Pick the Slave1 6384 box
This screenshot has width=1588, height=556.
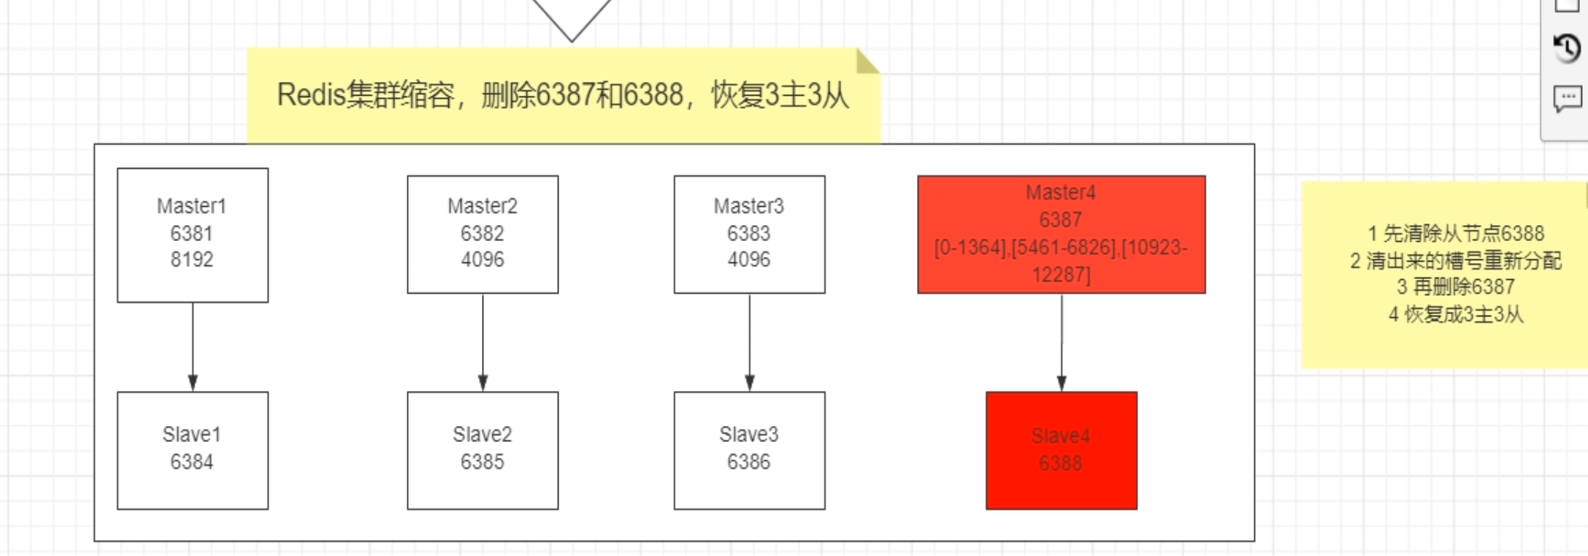point(192,449)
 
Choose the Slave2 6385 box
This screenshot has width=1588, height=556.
point(482,449)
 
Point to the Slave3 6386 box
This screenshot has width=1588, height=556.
point(749,449)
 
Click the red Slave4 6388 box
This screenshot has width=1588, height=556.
point(1061,449)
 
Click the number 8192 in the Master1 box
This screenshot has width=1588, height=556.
point(192,260)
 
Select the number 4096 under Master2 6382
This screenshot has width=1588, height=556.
point(482,260)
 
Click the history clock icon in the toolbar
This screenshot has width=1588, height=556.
point(1567,49)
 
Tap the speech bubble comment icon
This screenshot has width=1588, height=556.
point(1567,98)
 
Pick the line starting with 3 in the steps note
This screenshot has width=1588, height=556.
point(1455,287)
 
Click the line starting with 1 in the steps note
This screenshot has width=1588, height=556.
point(1455,234)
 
